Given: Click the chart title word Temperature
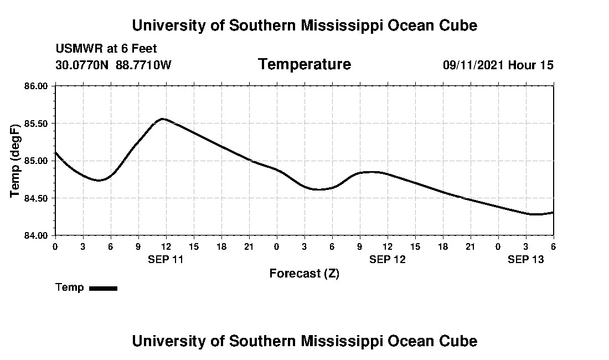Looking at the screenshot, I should pos(304,65).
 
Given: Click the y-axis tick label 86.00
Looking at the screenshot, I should pos(37,86).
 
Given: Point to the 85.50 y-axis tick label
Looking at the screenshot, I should pos(37,123).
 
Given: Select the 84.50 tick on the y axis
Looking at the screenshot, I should pos(37,198).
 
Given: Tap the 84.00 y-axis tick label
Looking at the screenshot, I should pos(37,235).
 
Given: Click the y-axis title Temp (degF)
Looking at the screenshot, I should pos(16,161).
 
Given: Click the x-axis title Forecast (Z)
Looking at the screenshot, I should pos(304,274).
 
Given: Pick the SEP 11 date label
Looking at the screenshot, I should pos(166,259).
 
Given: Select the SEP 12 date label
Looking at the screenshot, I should pos(388,259).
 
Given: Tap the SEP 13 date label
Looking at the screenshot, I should pos(526,259).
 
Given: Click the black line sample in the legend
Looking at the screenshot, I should pos(103,288).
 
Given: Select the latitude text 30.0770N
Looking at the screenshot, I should pos(82,65).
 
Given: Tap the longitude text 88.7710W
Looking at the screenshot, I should pos(143,65).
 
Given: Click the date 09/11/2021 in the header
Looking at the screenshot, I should pos(473,65).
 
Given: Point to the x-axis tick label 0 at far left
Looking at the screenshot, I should pos(55,246).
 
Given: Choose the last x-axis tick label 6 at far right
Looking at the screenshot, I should pos(554,246).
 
